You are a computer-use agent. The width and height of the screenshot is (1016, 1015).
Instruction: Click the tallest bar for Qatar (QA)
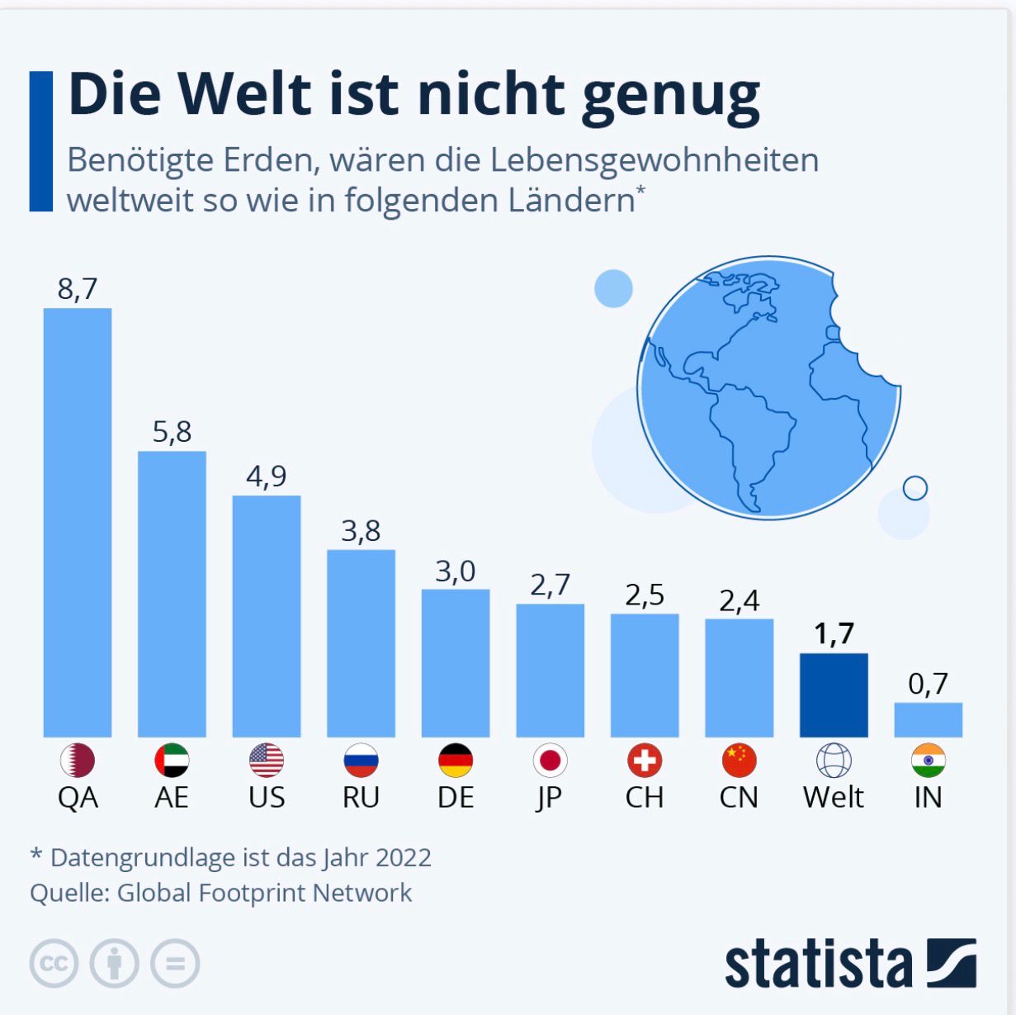point(77,522)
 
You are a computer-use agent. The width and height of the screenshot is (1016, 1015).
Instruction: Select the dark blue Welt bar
point(834,695)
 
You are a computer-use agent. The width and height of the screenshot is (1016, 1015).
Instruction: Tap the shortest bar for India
point(928,719)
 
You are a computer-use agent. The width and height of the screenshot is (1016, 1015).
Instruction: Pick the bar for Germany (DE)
point(456,662)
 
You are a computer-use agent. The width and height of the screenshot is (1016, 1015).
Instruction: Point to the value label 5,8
point(172,431)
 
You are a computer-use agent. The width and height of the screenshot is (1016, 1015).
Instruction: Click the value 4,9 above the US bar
point(267,476)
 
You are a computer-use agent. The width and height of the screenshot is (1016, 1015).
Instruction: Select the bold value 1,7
point(834,633)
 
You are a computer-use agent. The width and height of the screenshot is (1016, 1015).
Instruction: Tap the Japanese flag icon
point(550,761)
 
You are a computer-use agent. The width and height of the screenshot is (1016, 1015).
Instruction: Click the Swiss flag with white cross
point(645,761)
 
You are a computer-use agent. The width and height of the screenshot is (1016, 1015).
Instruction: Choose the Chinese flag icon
point(739,761)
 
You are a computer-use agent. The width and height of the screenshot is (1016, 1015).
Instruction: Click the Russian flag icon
point(361,761)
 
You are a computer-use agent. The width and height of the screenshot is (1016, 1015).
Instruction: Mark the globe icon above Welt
point(834,761)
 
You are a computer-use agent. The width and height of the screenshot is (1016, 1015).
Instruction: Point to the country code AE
point(172,797)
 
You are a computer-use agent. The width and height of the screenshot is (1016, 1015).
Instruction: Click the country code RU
point(361,797)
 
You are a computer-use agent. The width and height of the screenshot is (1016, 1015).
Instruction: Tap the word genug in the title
point(670,96)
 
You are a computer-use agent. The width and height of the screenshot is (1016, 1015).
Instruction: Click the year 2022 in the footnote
point(403,857)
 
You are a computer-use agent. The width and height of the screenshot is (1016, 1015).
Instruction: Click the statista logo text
point(818,964)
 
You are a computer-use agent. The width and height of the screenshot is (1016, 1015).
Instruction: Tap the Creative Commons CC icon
point(54,964)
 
